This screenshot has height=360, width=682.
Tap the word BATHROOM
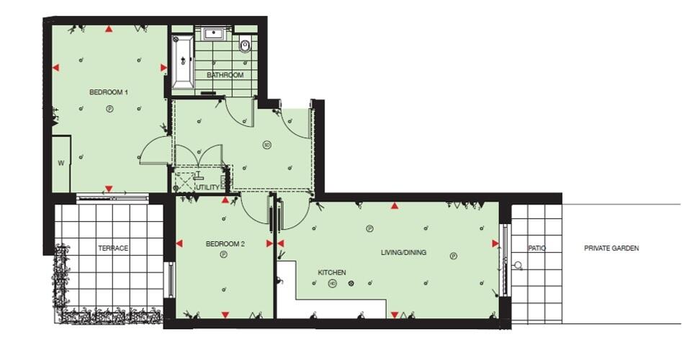pos(225,75)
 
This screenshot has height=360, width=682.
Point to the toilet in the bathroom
pos(245,46)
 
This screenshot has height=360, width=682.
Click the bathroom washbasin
pos(214,33)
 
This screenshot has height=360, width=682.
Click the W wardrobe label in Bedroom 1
pos(61,163)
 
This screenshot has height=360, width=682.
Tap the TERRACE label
pos(113,248)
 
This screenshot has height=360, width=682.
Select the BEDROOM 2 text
pos(225,244)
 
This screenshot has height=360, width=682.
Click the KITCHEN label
pos(332,273)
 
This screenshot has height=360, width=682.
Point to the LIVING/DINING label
pos(403,253)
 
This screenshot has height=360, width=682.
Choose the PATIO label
pos(537,248)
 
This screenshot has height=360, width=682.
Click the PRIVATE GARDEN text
pos(611,248)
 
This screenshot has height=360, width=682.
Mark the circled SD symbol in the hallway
pos(266,145)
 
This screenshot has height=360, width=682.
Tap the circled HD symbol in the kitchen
pos(332,284)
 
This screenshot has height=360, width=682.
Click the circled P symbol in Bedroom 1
pos(109,109)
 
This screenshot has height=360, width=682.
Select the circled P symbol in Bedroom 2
pos(223,254)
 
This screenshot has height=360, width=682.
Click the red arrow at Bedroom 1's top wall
pos(109,30)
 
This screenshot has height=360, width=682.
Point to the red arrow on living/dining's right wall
pos(495,243)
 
